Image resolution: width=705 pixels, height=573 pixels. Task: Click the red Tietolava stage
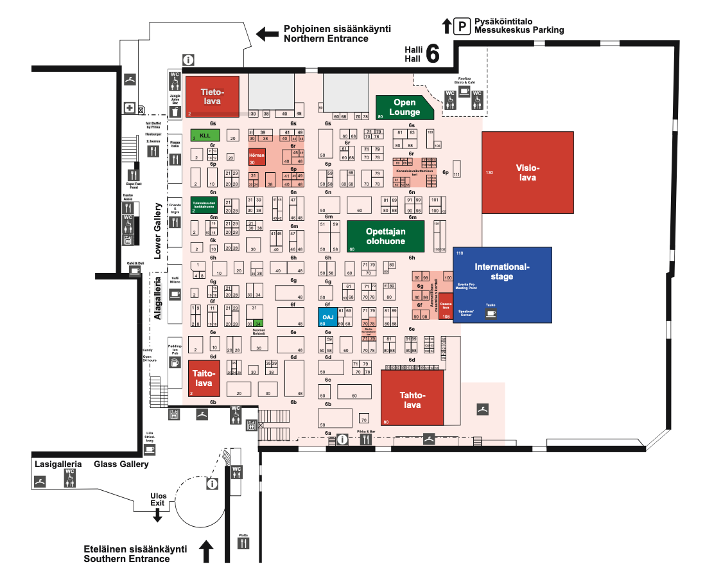pyautogui.click(x=212, y=96)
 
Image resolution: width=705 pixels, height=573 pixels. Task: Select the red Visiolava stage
pyautogui.click(x=527, y=172)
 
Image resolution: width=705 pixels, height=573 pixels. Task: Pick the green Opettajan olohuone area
pyautogui.click(x=385, y=236)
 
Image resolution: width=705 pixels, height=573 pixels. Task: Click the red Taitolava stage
pyautogui.click(x=204, y=378)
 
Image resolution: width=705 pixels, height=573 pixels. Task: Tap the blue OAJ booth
pyautogui.click(x=327, y=317)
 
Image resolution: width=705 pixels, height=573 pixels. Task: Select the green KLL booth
pyautogui.click(x=205, y=136)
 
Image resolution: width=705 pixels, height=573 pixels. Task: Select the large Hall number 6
pyautogui.click(x=432, y=55)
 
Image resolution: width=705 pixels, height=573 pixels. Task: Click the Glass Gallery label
pyautogui.click(x=121, y=464)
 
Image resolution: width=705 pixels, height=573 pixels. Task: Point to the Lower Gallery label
pyautogui.click(x=157, y=231)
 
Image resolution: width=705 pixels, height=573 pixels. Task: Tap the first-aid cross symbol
pyautogui.click(x=129, y=108)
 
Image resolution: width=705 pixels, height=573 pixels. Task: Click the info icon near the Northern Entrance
pyautogui.click(x=188, y=60)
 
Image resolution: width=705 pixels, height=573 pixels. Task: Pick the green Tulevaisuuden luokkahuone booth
pyautogui.click(x=204, y=204)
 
